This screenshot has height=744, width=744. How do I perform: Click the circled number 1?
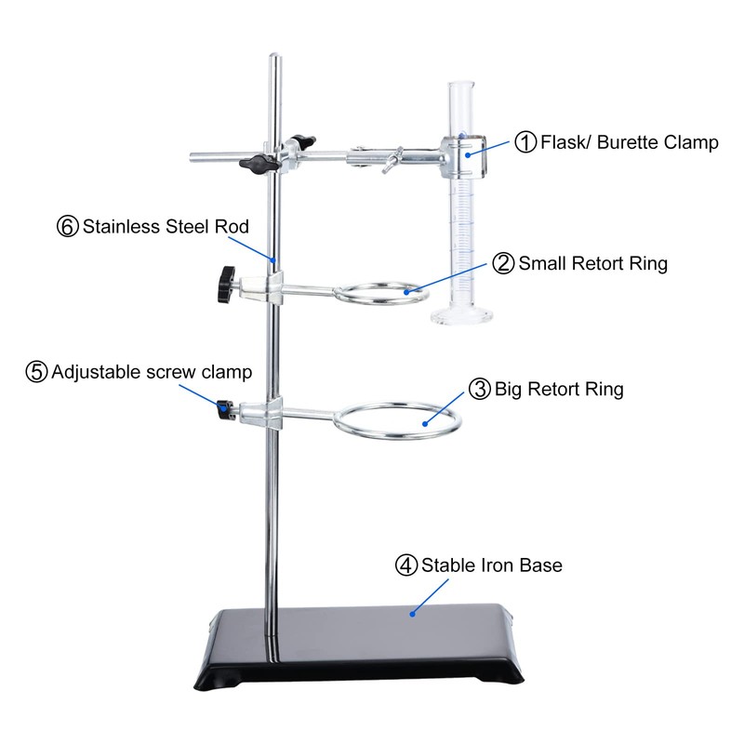point(525,142)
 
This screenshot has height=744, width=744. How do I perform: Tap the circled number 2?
point(504,263)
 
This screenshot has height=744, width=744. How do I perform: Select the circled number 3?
point(480,388)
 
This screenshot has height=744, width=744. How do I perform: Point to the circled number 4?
point(406,565)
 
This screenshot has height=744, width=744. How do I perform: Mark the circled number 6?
point(68,226)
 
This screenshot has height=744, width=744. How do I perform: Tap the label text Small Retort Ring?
point(591,263)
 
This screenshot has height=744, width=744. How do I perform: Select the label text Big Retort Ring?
point(558,388)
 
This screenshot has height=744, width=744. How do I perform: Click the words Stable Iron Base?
point(491,565)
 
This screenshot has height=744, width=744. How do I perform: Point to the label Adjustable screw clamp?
point(152,372)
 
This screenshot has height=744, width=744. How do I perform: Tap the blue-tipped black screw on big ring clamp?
point(224,409)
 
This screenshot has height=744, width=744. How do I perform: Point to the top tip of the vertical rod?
point(274,59)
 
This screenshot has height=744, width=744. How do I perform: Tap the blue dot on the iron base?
point(411,611)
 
